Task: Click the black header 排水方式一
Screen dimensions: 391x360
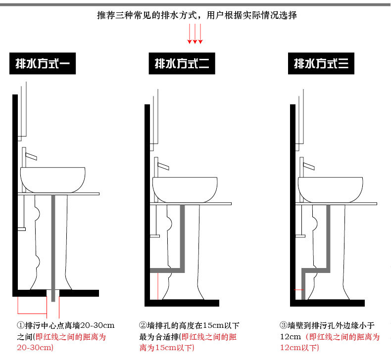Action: coord(43,63)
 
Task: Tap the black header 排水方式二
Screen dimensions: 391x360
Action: coord(182,63)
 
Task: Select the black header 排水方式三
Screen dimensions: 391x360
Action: coord(321,63)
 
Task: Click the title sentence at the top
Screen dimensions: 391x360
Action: coord(197,15)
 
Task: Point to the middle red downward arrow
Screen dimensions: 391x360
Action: coord(195,34)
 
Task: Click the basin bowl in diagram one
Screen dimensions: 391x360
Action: coord(52,180)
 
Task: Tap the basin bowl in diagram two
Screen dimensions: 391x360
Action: coord(185,189)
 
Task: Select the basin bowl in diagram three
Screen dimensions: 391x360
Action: coord(331,189)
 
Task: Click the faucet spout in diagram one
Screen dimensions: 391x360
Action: coord(31,156)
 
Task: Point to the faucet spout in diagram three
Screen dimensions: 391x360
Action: coord(309,166)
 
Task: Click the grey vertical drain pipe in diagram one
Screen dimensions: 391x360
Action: coord(53,248)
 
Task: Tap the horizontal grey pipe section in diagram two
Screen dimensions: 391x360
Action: coord(167,270)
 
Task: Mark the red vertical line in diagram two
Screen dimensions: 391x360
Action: coord(158,286)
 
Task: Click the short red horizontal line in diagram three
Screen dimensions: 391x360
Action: coord(298,290)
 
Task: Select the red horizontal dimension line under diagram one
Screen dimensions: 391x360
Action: coord(32,314)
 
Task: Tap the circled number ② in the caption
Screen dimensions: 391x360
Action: coord(143,325)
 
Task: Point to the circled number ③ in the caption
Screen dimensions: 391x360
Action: coord(284,325)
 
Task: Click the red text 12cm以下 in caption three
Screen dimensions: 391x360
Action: coord(299,348)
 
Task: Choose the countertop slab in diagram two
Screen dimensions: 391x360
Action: coord(191,204)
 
